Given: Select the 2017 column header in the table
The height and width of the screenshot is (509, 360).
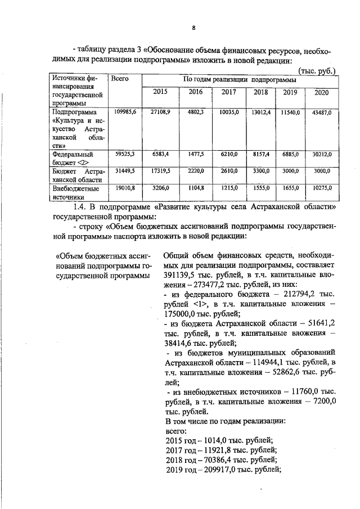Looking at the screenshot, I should tap(228, 92).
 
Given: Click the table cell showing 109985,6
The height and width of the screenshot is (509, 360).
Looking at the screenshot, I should tap(123, 113).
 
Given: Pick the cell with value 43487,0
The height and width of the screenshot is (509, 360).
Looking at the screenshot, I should tap(322, 113).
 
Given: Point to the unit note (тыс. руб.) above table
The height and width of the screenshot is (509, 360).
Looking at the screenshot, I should tap(317, 71).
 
